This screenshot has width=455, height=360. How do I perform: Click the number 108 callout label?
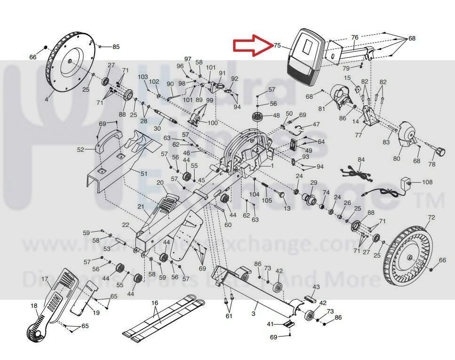pos(427,182)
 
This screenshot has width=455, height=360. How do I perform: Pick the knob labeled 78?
pos(439,152)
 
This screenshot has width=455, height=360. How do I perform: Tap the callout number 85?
pos(115,47)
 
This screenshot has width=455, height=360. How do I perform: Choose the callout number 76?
pos(355,37)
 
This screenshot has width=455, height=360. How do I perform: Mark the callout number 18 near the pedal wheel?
pos(34,306)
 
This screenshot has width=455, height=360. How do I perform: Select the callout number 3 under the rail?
pos(254,313)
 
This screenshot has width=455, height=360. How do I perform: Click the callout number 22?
pos(125,224)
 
